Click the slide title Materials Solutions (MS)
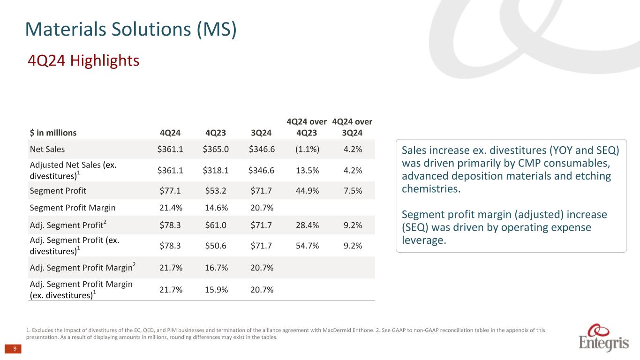[131, 29]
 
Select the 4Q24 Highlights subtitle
[83, 60]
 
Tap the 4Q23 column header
[214, 133]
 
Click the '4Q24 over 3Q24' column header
[352, 127]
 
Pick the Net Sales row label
[47, 150]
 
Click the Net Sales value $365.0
[214, 150]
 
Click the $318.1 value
[214, 170]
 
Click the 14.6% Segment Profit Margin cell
[214, 208]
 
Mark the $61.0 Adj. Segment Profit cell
[214, 225]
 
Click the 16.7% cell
[214, 267]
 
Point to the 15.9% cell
[214, 290]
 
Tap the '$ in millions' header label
[53, 133]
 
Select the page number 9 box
[15, 349]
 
